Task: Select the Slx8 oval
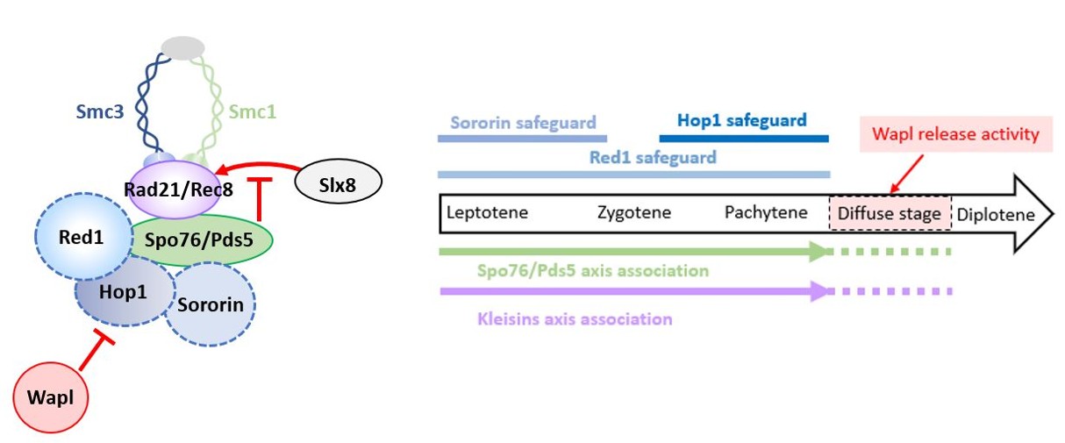click(x=339, y=182)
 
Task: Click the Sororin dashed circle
click(x=211, y=305)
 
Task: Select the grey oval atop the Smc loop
click(x=183, y=48)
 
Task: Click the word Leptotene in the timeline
click(x=488, y=213)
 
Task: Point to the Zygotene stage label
click(x=633, y=213)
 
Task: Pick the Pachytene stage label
click(x=766, y=213)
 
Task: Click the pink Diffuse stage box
click(x=890, y=214)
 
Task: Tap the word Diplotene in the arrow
click(x=996, y=214)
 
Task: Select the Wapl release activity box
click(x=956, y=134)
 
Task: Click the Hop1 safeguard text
click(x=742, y=120)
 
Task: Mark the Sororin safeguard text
click(x=523, y=122)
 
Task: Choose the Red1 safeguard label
click(x=653, y=158)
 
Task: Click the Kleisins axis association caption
click(x=575, y=319)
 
